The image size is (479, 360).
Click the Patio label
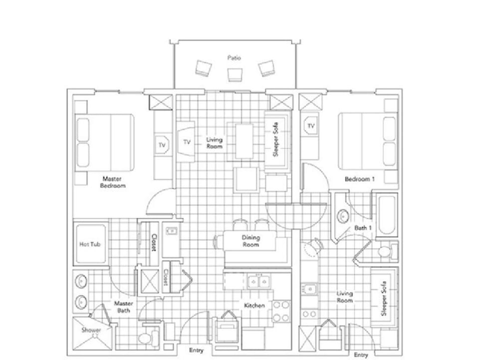coord(234,58)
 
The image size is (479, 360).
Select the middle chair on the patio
coord(234,74)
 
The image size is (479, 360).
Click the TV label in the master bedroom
coord(162,145)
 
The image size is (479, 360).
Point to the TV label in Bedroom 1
coord(311,126)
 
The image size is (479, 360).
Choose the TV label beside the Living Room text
coord(187,142)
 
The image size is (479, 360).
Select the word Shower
coord(91,330)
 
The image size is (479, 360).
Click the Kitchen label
coord(254,305)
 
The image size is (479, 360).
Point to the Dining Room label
coord(250,241)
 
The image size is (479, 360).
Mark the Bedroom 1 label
coord(359,179)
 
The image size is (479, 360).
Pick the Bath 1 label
coord(363,228)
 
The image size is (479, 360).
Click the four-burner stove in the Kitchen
coord(281,311)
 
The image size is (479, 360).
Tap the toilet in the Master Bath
coord(145,338)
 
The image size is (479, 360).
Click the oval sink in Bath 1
coord(343,217)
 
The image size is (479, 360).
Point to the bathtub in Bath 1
coord(387,215)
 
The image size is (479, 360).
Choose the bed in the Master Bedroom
coord(105,142)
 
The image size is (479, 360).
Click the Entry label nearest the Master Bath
coord(197,351)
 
